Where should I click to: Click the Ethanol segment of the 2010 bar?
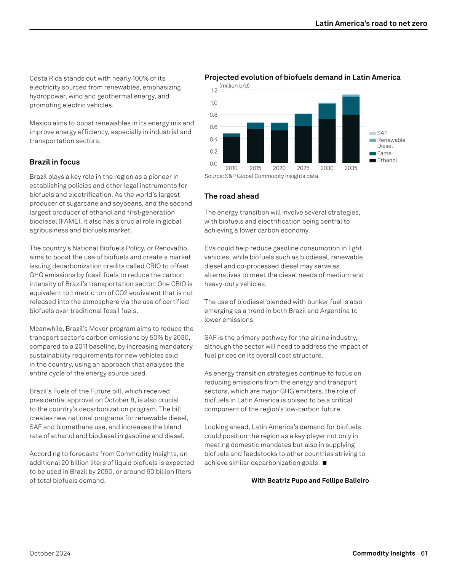pyautogui.click(x=232, y=150)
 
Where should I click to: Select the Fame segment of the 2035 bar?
pyautogui.click(x=351, y=106)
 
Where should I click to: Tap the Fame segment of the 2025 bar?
pyautogui.click(x=303, y=120)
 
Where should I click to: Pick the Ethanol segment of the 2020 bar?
pyautogui.click(x=279, y=147)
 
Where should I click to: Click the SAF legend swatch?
pyautogui.click(x=372, y=133)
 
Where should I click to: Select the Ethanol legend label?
pyautogui.click(x=387, y=160)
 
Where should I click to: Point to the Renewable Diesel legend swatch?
pyautogui.click(x=372, y=140)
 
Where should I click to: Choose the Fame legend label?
pyautogui.click(x=384, y=153)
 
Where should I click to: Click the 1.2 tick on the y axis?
pyautogui.click(x=214, y=91)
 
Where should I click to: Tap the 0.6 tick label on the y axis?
pyautogui.click(x=214, y=127)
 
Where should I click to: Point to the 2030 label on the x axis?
pyautogui.click(x=327, y=168)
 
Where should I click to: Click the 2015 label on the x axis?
pyautogui.click(x=255, y=168)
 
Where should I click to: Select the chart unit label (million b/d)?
pyautogui.click(x=235, y=86)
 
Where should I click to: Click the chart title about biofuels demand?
pyautogui.click(x=302, y=78)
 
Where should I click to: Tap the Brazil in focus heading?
pyautogui.click(x=55, y=162)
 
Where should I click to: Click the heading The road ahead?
pyautogui.click(x=232, y=196)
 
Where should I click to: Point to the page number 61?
pyautogui.click(x=424, y=553)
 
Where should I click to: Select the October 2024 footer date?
pyautogui.click(x=50, y=553)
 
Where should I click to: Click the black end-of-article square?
pyautogui.click(x=324, y=463)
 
